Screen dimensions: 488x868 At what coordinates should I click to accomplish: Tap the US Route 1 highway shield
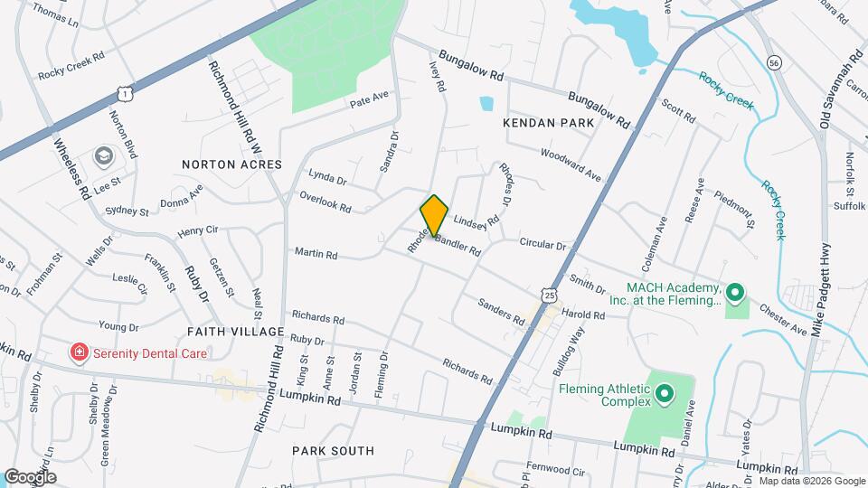pos(124,93)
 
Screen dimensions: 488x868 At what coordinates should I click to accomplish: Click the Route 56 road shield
pos(773,62)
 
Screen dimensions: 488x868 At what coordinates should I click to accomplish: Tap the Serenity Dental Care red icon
pos(80,352)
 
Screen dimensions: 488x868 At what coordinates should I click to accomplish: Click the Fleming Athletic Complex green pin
pos(665,393)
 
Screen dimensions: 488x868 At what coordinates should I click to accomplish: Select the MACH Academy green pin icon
pos(735,292)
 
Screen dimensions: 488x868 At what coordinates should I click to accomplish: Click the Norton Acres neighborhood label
pos(231,164)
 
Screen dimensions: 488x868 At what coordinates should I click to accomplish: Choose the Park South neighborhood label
pos(333,450)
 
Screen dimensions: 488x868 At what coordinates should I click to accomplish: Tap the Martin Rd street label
pos(316,254)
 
